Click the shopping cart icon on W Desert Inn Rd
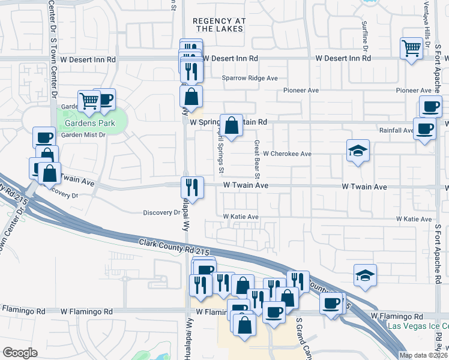pos(412,47)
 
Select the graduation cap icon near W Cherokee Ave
pos(358,151)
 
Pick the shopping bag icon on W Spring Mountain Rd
pos(232,125)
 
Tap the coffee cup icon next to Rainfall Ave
pos(425,128)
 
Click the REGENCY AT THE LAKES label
pos(220,25)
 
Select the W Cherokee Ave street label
pos(287,154)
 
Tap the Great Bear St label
pos(256,160)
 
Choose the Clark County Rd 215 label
pos(174,245)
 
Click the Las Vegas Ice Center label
pos(418,326)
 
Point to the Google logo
pos(20,353)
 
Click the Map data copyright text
pos(423,355)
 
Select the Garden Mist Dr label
pos(83,135)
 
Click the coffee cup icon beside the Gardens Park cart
pos(104,99)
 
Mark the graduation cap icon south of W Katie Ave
pos(365,275)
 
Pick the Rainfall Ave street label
pos(396,130)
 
